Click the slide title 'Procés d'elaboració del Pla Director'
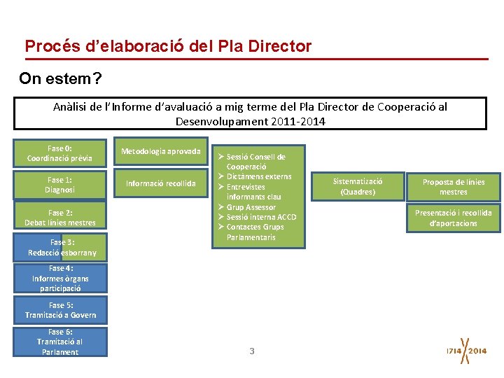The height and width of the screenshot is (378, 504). (x=168, y=46)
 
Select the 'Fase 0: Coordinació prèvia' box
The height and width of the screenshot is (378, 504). (x=60, y=153)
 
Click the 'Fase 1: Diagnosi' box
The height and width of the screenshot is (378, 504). (x=60, y=185)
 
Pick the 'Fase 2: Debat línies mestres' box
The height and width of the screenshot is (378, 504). (x=60, y=218)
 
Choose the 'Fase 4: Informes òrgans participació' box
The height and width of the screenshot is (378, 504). (x=60, y=278)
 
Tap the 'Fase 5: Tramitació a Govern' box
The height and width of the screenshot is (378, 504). (x=60, y=310)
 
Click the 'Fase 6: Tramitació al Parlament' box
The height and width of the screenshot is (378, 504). (x=60, y=342)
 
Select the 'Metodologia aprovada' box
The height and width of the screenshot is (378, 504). (x=161, y=151)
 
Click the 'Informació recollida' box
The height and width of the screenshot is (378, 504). (x=161, y=184)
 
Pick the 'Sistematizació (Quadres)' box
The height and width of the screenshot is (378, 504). (x=358, y=186)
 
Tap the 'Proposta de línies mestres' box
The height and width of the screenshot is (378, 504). (x=454, y=187)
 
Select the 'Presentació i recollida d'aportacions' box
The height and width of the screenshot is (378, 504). (x=454, y=218)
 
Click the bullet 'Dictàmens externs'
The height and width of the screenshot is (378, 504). (x=258, y=176)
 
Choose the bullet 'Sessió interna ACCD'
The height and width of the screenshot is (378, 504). (x=261, y=217)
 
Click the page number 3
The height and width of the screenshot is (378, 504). (x=252, y=351)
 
